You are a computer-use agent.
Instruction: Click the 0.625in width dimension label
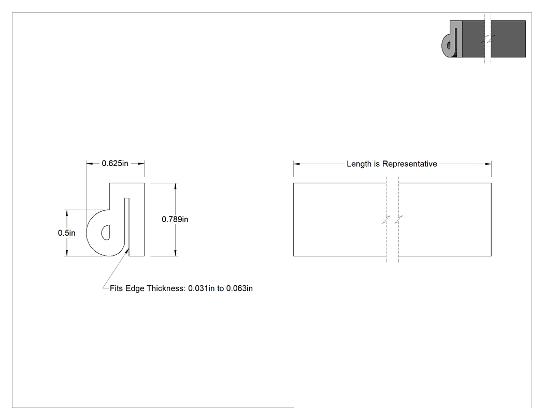click(115, 163)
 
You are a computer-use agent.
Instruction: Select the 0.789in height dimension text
click(175, 219)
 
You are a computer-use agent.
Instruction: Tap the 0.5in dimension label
click(67, 233)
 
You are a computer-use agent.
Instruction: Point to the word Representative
click(409, 164)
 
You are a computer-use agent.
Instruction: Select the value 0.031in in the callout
click(201, 288)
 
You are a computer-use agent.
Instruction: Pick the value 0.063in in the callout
click(239, 288)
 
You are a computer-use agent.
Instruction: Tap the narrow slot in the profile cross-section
click(127, 225)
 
